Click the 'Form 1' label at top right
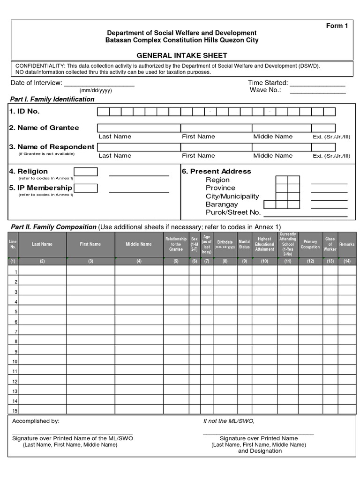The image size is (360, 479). pos(337,26)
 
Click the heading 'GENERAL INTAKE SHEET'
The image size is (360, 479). pos(182,55)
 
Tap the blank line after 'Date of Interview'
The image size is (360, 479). pos(99,85)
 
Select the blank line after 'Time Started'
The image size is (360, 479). pos(317,85)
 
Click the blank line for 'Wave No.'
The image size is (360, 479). pos(317,92)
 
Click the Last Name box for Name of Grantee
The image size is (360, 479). pos(139,128)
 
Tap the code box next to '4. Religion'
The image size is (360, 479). pos(86,172)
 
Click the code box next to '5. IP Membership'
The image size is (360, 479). pos(86,188)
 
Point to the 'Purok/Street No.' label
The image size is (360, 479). pos(233,212)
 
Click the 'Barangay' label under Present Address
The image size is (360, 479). pos(222,204)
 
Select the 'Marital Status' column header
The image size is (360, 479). pos(244,244)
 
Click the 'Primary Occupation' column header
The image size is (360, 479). pos(310,244)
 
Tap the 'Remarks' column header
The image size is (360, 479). pos(347,244)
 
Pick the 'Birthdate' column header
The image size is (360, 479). pos(225,244)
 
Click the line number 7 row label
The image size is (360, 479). pos(15,332)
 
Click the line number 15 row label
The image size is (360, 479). pos(15,411)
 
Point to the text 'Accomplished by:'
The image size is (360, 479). pos(36,421)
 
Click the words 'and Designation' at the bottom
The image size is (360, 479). pos(260,451)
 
